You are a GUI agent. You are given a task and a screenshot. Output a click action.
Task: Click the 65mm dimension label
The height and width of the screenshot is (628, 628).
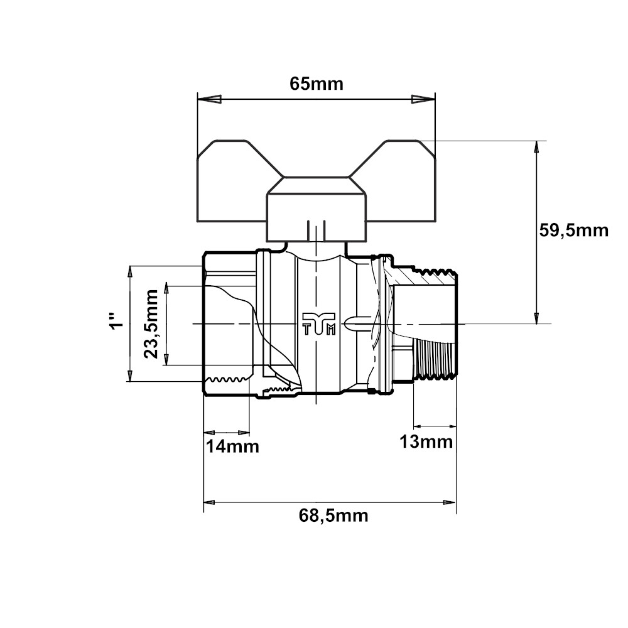pos(317,84)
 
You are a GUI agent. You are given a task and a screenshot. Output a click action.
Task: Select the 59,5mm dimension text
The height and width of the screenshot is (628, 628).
pos(573,230)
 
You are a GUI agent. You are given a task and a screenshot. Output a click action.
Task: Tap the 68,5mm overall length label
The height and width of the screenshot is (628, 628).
pos(333,516)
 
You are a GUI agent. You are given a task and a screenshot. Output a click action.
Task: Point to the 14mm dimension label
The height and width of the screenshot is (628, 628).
pos(232,446)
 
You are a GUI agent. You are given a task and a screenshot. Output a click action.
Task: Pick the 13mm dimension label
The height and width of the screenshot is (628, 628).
pos(426,441)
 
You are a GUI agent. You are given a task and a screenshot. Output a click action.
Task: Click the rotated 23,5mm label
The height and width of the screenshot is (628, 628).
pos(151,323)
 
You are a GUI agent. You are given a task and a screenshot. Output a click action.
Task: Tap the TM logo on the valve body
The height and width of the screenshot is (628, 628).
pos(318,323)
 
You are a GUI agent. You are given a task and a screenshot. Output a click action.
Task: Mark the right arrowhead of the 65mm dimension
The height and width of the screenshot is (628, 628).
pos(423,99)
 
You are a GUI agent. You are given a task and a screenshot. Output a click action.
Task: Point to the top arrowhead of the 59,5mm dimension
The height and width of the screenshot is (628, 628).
pos(537,153)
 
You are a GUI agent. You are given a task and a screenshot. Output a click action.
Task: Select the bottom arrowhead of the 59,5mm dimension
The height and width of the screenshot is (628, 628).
pos(537,312)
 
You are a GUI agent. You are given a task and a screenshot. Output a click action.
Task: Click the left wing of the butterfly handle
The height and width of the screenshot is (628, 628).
pos(236,181)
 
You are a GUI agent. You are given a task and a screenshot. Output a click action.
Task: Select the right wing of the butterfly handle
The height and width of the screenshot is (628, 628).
pos(396,181)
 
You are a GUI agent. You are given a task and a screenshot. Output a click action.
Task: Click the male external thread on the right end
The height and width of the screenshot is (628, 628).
pos(435,359)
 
